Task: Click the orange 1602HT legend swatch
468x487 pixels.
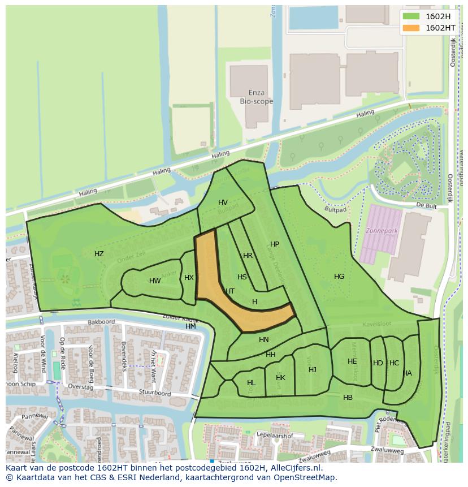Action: tap(411, 28)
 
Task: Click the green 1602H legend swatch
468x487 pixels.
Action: tap(411, 16)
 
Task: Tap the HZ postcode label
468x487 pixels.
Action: tap(99, 254)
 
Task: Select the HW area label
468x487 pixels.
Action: tap(155, 281)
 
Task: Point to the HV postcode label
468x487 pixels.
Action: tap(223, 202)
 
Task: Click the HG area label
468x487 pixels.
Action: tap(339, 277)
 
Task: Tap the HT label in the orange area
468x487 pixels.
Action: tap(230, 291)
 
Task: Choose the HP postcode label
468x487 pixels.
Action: tap(275, 244)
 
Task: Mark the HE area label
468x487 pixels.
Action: tap(352, 361)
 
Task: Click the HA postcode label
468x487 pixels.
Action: tap(408, 373)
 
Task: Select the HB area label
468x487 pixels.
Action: tap(348, 398)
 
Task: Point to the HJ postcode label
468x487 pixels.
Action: tap(313, 370)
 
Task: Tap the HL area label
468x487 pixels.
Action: tap(251, 383)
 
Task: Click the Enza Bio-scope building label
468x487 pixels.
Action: tap(256, 97)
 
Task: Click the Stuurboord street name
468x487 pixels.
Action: tap(156, 393)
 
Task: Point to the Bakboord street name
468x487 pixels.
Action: tap(101, 322)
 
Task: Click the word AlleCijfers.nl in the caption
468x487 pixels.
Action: tap(294, 468)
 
